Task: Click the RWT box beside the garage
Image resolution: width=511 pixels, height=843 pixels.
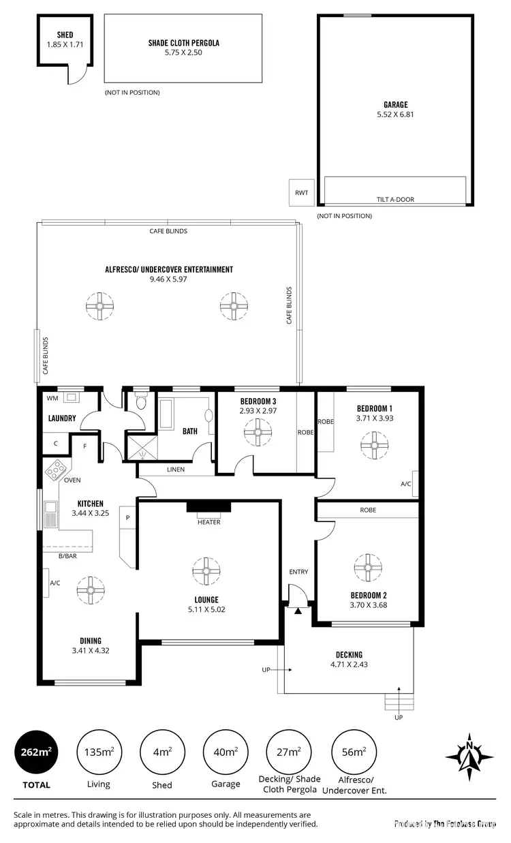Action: (301, 192)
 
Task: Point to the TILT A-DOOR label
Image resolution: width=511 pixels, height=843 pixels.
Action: (395, 200)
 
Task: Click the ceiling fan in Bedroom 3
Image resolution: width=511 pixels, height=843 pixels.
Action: (258, 432)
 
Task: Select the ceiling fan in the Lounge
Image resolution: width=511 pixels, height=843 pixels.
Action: (204, 571)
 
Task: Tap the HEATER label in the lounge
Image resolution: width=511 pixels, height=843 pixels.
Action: (208, 522)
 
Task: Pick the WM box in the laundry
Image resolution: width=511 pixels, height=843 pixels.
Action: (52, 397)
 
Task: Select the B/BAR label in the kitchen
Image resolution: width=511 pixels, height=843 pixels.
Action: (67, 557)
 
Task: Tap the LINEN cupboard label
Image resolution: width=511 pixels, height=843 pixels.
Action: (176, 470)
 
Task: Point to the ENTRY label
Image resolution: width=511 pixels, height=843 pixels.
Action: (298, 572)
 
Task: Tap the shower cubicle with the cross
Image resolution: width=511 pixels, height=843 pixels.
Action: (141, 445)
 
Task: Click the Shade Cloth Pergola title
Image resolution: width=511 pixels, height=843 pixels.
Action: (184, 43)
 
